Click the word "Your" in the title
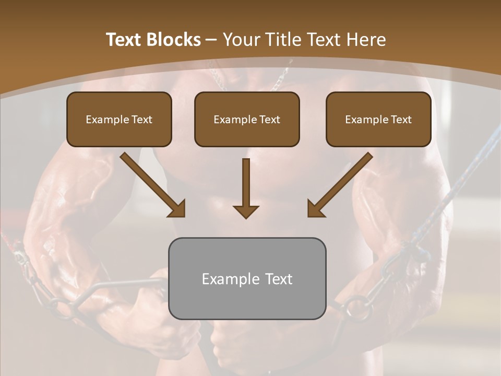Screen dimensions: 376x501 [240, 40]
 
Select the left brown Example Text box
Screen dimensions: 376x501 [119, 119]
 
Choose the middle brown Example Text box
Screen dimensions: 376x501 [247, 119]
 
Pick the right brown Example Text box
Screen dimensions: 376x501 [378, 119]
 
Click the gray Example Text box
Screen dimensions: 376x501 [247, 278]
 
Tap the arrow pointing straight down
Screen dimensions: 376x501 [246, 188]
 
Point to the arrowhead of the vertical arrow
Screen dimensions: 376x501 [246, 211]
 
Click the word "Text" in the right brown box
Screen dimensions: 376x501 [400, 120]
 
